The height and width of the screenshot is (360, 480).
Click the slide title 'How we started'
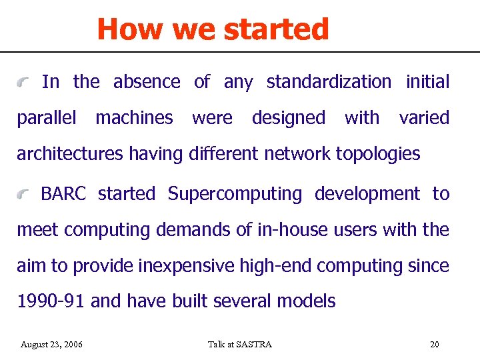pyautogui.click(x=213, y=29)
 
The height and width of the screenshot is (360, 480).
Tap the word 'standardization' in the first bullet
pyautogui.click(x=329, y=82)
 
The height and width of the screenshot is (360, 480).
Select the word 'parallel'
pyautogui.click(x=47, y=119)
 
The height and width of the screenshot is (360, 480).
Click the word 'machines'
pyautogui.click(x=134, y=118)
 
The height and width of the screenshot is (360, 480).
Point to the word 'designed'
pyautogui.click(x=289, y=118)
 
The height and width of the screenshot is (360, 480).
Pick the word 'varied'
pyautogui.click(x=424, y=118)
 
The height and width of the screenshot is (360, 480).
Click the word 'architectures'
pyautogui.click(x=70, y=154)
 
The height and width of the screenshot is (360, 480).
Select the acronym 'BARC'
pyautogui.click(x=63, y=194)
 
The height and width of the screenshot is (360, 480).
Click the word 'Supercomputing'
pyautogui.click(x=235, y=194)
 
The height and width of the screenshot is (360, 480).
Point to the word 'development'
pyautogui.click(x=367, y=194)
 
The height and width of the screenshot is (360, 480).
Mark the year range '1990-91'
pyautogui.click(x=51, y=301)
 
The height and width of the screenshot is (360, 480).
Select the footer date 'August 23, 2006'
pyautogui.click(x=51, y=345)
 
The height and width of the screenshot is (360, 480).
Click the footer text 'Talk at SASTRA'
pyautogui.click(x=240, y=345)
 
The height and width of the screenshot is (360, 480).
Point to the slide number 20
pyautogui.click(x=435, y=345)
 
